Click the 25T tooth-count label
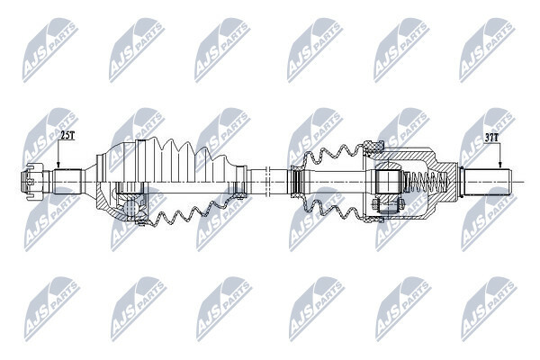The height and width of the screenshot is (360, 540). (x=67, y=135)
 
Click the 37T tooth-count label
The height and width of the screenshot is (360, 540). (x=491, y=138)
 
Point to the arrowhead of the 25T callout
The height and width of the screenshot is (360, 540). (x=58, y=166)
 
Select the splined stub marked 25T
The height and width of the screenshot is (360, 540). (x=67, y=181)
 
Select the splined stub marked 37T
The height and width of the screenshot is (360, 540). (x=488, y=181)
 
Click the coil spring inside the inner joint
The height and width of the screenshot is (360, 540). (x=427, y=182)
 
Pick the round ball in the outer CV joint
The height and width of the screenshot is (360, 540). (x=130, y=208)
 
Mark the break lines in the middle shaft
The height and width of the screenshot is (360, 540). (x=268, y=182)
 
